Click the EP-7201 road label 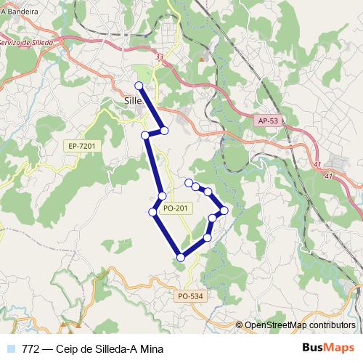pyautogui.click(x=81, y=146)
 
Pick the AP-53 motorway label pyautogui.click(x=267, y=122)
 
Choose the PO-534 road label pyautogui.click(x=190, y=295)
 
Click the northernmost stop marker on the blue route pyautogui.click(x=139, y=86)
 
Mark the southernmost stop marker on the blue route pyautogui.click(x=181, y=256)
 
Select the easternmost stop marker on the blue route pyautogui.click(x=224, y=211)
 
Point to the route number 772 pyautogui.click(x=31, y=348)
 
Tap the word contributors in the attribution pyautogui.click(x=334, y=326)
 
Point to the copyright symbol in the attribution pyautogui.click(x=240, y=326)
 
